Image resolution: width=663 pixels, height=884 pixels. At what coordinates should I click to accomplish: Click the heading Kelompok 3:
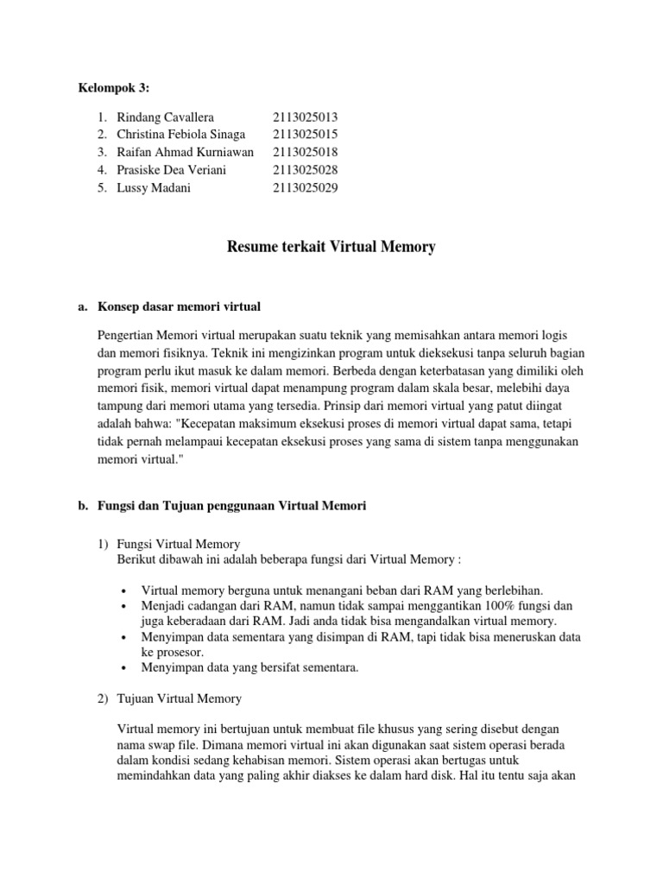[114, 88]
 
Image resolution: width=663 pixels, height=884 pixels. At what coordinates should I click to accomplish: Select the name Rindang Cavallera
[165, 117]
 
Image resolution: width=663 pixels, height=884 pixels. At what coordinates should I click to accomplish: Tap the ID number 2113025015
[305, 134]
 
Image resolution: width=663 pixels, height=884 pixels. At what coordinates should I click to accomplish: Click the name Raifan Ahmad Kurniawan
[185, 152]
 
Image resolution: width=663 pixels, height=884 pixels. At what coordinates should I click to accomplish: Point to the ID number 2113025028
[305, 170]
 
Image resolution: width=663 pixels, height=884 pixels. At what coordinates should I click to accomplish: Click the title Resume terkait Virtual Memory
[331, 248]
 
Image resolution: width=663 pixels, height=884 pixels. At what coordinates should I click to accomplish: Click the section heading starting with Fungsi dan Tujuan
[233, 507]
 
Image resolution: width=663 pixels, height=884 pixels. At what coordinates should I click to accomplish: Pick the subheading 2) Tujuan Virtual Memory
[180, 698]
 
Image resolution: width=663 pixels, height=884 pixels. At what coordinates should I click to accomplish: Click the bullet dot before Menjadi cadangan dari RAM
[125, 606]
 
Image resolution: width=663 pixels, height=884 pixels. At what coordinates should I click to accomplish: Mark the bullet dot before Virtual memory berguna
[125, 590]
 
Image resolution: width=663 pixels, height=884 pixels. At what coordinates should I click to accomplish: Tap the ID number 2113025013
[305, 117]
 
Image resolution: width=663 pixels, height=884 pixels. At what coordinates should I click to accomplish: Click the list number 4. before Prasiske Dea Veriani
[102, 170]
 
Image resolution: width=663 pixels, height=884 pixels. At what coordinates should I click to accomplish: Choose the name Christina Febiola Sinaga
[180, 134]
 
